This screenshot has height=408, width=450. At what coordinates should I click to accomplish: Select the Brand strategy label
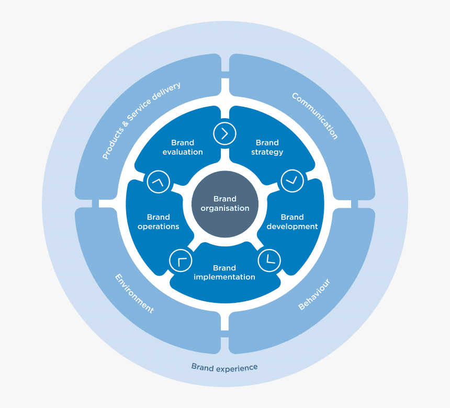267,147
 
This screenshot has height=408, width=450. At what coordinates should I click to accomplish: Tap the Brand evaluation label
183,147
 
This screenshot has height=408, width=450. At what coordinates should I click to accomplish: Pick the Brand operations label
158,222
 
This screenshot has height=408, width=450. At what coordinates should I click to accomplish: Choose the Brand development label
292,222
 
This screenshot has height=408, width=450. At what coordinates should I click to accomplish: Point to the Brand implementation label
224,273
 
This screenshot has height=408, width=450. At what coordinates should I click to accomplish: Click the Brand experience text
224,367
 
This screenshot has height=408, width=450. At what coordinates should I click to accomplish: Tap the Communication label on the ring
315,116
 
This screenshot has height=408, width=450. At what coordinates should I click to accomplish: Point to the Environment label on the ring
134,293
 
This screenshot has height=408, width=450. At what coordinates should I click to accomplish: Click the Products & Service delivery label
141,121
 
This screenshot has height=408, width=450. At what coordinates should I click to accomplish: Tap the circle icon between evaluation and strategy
224,133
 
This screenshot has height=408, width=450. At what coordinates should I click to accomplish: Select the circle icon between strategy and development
292,181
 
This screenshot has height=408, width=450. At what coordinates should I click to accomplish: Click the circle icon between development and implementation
269,260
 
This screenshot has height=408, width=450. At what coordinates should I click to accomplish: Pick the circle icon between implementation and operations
181,260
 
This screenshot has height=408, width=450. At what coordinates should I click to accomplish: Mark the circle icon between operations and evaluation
158,182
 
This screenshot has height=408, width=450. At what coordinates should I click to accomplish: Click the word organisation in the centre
225,208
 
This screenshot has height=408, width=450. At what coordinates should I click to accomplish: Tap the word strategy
267,152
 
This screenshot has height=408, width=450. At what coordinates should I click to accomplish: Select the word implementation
224,277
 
